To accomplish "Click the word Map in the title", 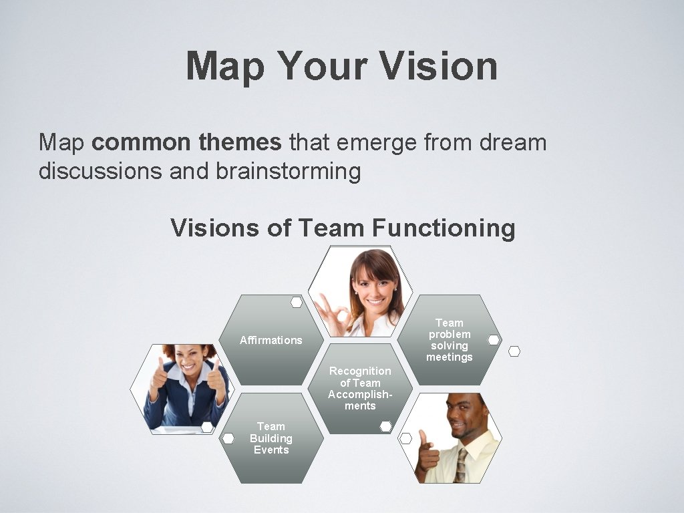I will pyautogui.click(x=225, y=66).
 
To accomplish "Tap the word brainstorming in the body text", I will pyautogui.click(x=288, y=172).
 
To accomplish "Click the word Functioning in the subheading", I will pyautogui.click(x=444, y=228).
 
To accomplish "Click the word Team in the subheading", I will pyautogui.click(x=332, y=228).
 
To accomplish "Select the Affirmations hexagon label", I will pyautogui.click(x=271, y=340).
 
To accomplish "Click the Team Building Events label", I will pyautogui.click(x=271, y=438).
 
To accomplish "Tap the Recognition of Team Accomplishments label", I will pyautogui.click(x=360, y=388).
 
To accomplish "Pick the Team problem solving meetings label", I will pyautogui.click(x=450, y=340).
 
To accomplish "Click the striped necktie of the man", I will pyautogui.click(x=461, y=466).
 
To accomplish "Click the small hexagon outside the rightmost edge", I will pyautogui.click(x=514, y=351).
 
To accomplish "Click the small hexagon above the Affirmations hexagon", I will pyautogui.click(x=297, y=302).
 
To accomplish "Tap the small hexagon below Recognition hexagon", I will pyautogui.click(x=385, y=426).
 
